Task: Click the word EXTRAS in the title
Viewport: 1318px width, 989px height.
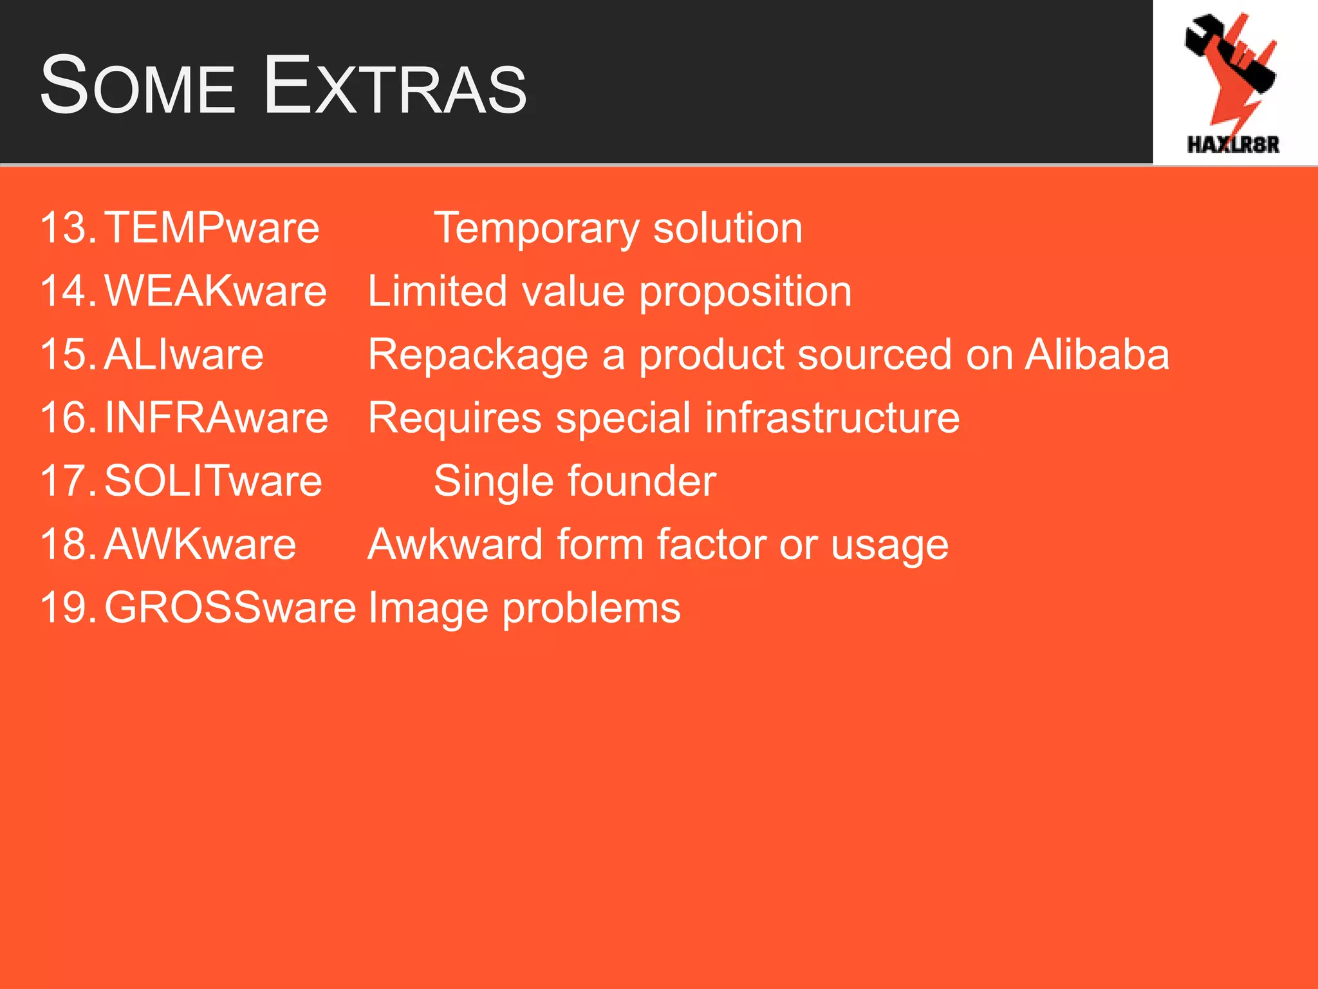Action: pos(395,86)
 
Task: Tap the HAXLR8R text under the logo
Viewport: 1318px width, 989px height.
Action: pos(1233,145)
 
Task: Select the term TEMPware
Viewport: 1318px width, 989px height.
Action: pos(212,228)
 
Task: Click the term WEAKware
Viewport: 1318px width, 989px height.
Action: pos(216,291)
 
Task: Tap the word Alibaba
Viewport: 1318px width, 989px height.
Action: pos(1097,354)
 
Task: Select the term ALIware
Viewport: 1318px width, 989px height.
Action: pos(183,354)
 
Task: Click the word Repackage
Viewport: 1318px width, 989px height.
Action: pos(478,355)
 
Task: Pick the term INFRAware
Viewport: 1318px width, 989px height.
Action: pos(216,418)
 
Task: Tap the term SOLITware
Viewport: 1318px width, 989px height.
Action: pos(213,481)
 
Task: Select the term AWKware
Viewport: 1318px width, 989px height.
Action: pos(200,544)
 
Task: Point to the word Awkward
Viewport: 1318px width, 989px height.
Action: pos(455,544)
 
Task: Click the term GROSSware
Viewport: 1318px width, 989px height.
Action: pos(230,607)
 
